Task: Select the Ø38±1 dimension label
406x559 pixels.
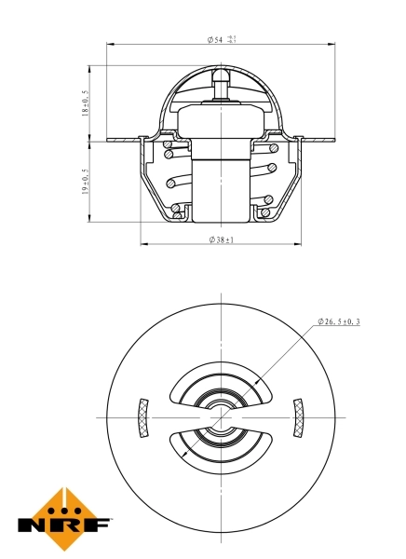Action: [221, 239]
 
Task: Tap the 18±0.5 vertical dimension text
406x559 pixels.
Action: [86, 102]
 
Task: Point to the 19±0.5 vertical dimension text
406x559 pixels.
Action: [86, 182]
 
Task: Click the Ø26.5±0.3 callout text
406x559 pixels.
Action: [339, 321]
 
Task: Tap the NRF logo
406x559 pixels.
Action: [64, 518]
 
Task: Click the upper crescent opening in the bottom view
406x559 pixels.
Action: [221, 385]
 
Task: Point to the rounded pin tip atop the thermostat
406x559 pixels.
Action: [221, 75]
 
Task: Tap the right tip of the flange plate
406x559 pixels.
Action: [334, 141]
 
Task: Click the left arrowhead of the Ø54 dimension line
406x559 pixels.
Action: [111, 44]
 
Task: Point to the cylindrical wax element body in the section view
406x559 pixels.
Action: [221, 182]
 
